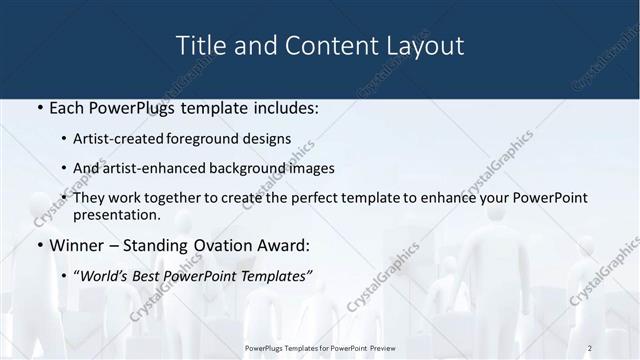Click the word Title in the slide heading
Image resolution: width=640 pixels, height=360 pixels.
(x=199, y=46)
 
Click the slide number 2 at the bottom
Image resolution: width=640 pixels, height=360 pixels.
(x=590, y=347)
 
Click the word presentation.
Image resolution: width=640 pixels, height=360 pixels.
(x=116, y=215)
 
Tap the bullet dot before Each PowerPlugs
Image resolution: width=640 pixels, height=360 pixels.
(x=39, y=107)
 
